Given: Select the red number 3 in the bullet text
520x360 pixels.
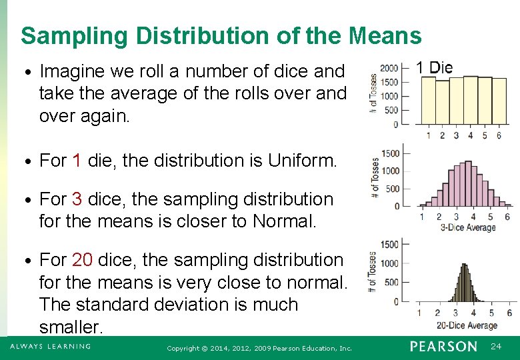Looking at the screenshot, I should click(77, 199).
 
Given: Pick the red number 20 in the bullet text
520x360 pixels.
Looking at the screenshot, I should click(82, 260).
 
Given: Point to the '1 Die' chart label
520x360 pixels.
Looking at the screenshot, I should click(434, 67).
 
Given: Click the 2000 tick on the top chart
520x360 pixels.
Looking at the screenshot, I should click(389, 68).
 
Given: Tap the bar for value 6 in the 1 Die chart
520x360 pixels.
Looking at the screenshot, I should click(498, 101).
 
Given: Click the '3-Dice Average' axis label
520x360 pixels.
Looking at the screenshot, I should click(468, 227).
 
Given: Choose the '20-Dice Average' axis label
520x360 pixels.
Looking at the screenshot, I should click(467, 325).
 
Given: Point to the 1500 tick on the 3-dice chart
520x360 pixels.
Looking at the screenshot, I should click(390, 153).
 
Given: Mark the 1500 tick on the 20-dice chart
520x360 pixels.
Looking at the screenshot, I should click(389, 245).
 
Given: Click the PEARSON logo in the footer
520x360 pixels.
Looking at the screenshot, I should click(443, 347).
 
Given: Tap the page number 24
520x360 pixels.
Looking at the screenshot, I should click(496, 347).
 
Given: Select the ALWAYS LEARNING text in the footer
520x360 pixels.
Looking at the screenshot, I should click(50, 347).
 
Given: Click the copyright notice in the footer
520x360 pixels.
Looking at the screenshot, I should click(259, 348).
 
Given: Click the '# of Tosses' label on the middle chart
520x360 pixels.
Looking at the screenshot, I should click(376, 178).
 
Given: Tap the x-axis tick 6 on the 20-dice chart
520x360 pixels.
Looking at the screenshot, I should click(509, 313).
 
